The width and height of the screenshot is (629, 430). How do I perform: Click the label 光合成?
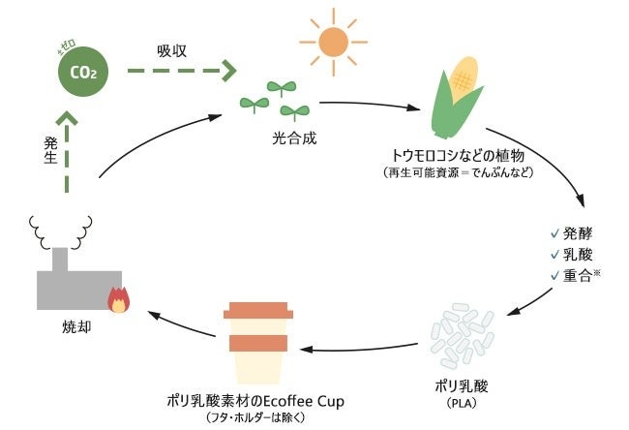pos(291,140)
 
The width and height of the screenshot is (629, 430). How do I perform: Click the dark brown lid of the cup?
pos(258,312)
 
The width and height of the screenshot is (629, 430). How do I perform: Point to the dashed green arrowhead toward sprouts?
pos(228,71)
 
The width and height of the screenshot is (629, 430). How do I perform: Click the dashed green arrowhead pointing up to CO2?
pos(68,120)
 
